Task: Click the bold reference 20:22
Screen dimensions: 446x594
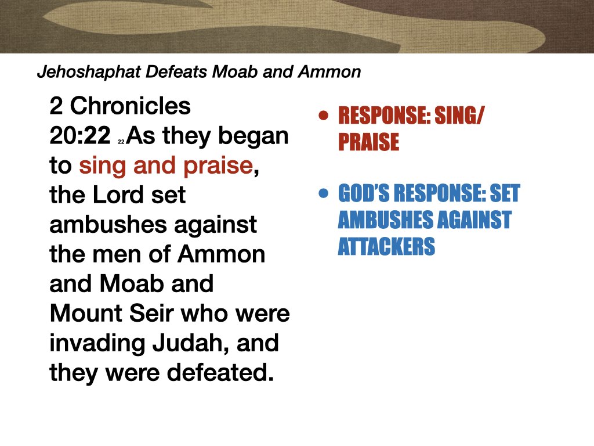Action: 80,136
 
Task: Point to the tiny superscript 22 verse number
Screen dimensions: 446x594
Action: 121,141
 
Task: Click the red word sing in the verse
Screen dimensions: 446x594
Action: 102,166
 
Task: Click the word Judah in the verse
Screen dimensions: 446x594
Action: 179,343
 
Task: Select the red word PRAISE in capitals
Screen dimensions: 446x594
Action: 368,142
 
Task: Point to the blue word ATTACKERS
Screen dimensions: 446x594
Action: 386,247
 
